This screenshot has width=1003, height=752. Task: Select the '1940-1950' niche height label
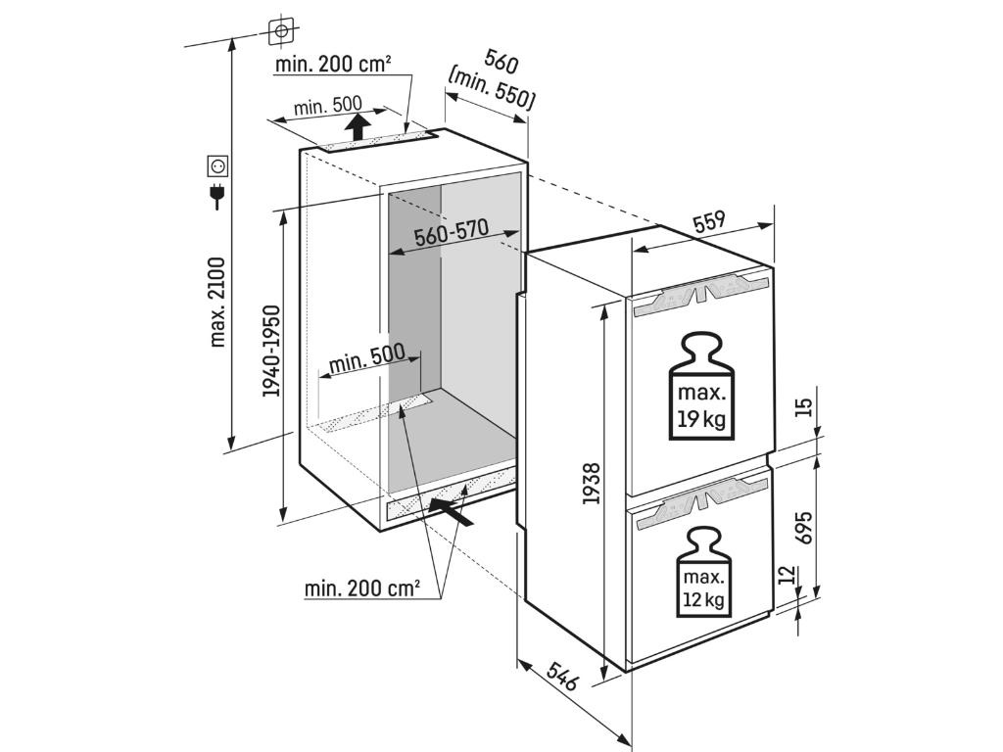[x=271, y=351]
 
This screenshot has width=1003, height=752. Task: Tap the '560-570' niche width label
[x=450, y=234]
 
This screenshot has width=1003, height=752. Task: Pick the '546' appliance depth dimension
[x=562, y=675]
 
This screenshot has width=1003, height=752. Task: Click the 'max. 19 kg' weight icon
[x=701, y=389]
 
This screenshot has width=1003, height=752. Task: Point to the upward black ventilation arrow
[x=358, y=125]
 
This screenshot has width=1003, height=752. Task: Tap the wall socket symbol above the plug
[x=216, y=166]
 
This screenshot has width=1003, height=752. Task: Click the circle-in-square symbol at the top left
[x=281, y=30]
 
